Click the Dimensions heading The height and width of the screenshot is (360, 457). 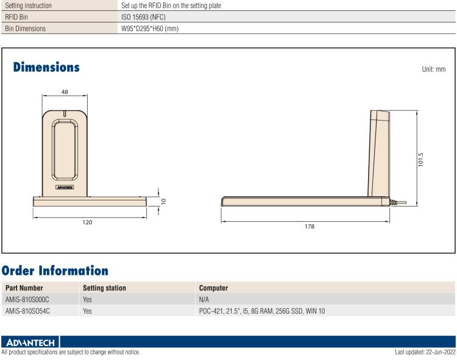[x=46, y=67]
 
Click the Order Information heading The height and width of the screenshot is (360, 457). [x=55, y=270]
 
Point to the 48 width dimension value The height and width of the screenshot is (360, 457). [x=65, y=91]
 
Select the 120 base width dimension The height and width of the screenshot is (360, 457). [x=88, y=223]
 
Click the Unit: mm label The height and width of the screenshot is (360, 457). [x=433, y=69]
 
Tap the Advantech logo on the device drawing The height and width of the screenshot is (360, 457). [x=65, y=187]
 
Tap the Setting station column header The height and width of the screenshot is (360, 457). [x=104, y=288]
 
